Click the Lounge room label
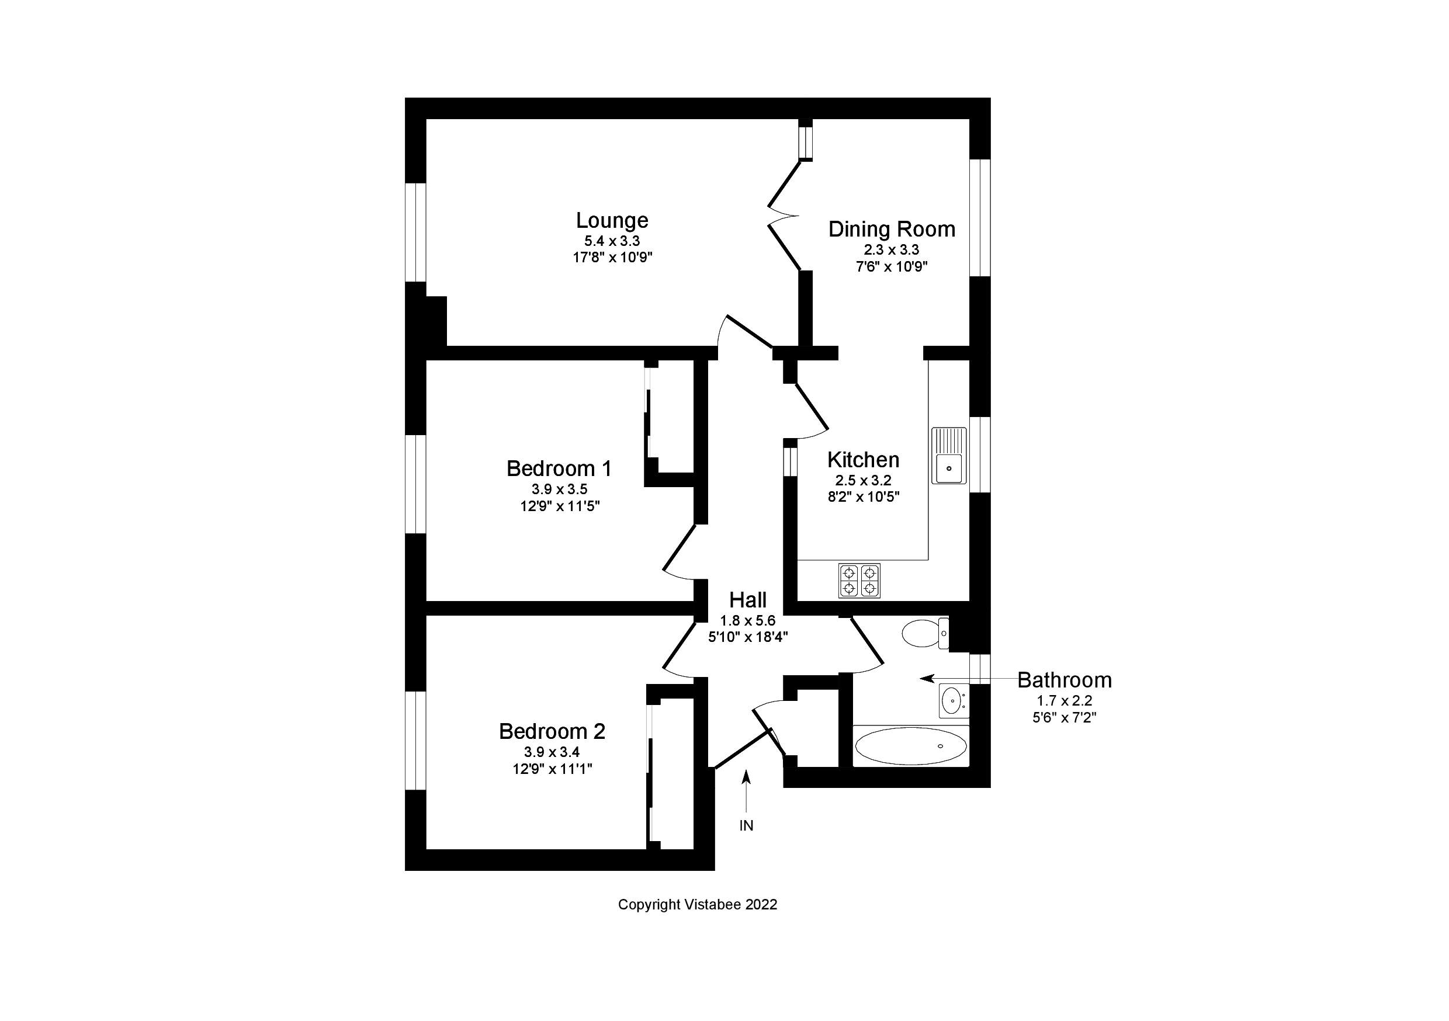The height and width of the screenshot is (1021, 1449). (x=612, y=220)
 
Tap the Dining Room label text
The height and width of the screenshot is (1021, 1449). (x=891, y=229)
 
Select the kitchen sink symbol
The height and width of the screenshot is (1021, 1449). (x=948, y=456)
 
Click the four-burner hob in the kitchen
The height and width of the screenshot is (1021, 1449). (x=859, y=581)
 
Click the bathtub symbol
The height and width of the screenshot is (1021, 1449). (x=910, y=746)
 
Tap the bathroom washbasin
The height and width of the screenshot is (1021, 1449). (x=953, y=700)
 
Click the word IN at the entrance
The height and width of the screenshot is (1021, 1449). (x=746, y=826)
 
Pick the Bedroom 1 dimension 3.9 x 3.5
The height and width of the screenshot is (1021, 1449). (x=559, y=489)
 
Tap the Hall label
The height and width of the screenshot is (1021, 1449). (x=748, y=599)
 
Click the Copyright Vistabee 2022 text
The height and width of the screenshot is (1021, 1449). (x=698, y=905)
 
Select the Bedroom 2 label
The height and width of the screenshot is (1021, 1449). (x=552, y=731)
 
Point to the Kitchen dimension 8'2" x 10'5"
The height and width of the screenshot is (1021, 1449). (x=863, y=496)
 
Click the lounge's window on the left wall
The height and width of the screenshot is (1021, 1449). (x=415, y=232)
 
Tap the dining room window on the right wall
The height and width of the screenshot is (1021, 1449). (x=979, y=217)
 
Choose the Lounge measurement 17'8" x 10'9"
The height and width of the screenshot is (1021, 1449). (x=612, y=258)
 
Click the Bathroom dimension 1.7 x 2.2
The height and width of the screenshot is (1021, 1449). (x=1064, y=700)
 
